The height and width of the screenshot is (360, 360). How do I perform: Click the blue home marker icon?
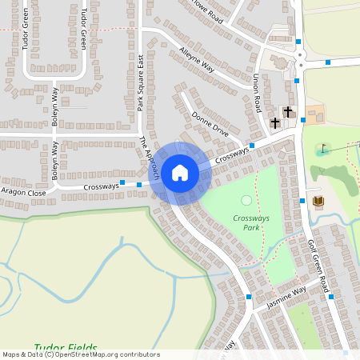(180, 172)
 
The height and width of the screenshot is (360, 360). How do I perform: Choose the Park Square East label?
(140, 82)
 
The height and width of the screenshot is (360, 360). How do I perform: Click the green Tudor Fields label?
(66, 349)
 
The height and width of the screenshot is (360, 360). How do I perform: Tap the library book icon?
(318, 200)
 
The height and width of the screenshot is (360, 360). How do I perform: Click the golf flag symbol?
(323, 149)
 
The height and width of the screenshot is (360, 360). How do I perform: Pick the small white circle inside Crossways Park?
(246, 200)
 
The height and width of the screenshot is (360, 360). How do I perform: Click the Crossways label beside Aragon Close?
(100, 186)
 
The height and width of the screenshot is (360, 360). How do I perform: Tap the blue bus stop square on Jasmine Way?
(250, 297)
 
